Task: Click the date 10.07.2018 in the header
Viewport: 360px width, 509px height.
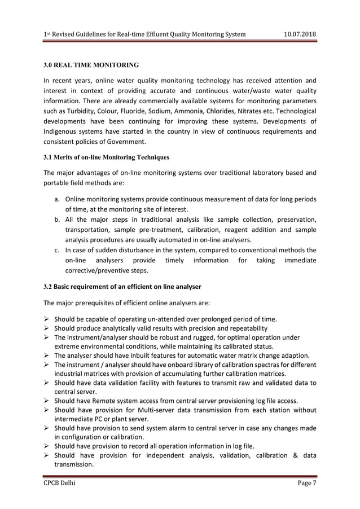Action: click(x=299, y=34)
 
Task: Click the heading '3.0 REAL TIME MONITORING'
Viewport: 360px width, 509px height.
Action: click(x=91, y=65)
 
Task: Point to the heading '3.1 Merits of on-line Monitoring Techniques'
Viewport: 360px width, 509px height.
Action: click(x=106, y=157)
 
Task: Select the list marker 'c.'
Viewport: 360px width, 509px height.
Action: click(x=57, y=250)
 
